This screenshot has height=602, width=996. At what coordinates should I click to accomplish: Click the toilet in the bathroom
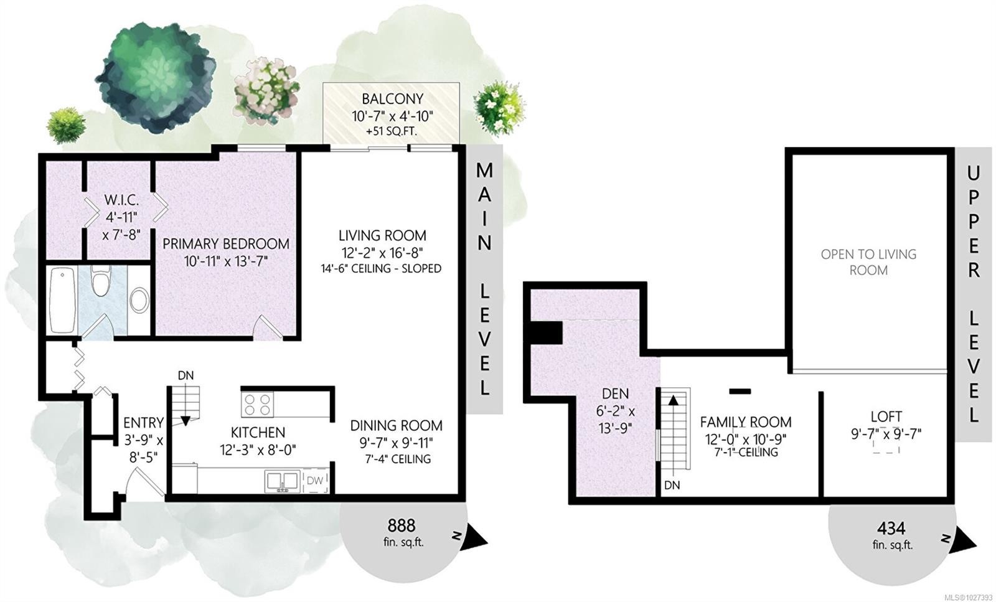(100, 281)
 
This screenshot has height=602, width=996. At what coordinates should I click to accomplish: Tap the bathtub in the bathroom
(62, 299)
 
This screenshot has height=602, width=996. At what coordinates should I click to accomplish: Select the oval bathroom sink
(139, 300)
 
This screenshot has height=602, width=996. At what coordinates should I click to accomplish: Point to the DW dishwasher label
(315, 480)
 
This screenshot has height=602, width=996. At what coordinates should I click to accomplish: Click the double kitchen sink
(282, 481)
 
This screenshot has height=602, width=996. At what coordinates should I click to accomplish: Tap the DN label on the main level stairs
(186, 375)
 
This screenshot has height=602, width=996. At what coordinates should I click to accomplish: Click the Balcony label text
(392, 98)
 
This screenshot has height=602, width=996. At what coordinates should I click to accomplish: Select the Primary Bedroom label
(226, 243)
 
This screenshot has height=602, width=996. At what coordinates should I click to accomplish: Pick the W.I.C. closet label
(121, 200)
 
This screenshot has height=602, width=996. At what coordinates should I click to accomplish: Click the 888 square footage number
(401, 525)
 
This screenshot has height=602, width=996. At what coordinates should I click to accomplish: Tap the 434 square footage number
(891, 528)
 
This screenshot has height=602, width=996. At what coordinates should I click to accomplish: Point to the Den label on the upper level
(616, 393)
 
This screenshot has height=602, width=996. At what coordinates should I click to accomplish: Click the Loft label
(886, 416)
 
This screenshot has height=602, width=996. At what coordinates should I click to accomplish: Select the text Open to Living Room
(868, 262)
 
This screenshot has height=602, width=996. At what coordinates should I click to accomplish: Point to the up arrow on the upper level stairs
(673, 400)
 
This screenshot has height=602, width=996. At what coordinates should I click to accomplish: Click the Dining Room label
(396, 425)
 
